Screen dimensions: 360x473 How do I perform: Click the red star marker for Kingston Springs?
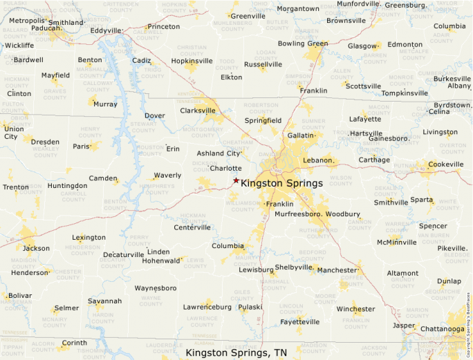[x=236, y=180]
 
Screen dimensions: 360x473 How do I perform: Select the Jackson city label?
[x=36, y=248]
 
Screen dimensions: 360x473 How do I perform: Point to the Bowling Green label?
[x=303, y=44]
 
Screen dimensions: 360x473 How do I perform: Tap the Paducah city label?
[x=46, y=28]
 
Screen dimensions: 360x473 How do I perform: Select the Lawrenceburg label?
[x=207, y=306]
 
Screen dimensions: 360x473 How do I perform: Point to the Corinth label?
[x=75, y=343]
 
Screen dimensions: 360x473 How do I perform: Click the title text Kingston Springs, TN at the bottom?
[x=236, y=352]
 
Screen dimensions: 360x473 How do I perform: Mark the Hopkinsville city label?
[x=192, y=61]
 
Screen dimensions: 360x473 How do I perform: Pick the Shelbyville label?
[x=295, y=267]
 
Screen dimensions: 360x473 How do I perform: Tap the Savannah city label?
[x=104, y=301]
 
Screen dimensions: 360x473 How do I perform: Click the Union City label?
[x=12, y=133]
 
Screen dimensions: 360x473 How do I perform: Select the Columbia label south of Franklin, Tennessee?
[x=228, y=245]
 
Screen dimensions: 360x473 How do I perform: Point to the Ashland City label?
[x=219, y=153]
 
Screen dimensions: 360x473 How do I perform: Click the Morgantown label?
[x=298, y=8]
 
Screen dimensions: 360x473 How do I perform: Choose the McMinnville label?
[x=398, y=242]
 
